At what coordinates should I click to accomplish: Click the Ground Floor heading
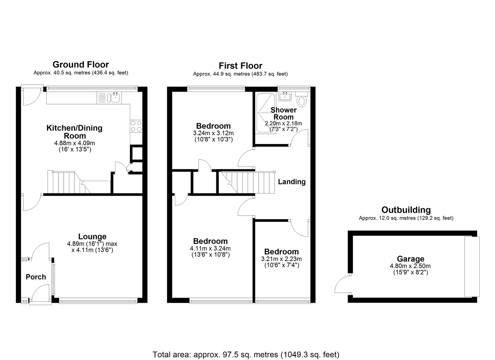pyautogui.click(x=81, y=65)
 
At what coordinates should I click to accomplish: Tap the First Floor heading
pyautogui.click(x=241, y=66)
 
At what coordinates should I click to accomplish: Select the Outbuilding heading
pyautogui.click(x=406, y=210)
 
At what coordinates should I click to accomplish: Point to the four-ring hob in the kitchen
pyautogui.click(x=136, y=126)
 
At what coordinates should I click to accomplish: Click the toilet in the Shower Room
pyautogui.click(x=301, y=99)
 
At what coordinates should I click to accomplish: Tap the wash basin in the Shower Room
pyautogui.click(x=285, y=96)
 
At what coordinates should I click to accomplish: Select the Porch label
pyautogui.click(x=36, y=277)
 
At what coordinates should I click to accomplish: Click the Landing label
pyautogui.click(x=292, y=182)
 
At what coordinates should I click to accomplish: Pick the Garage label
pyautogui.click(x=411, y=259)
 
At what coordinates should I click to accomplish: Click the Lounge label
pyautogui.click(x=92, y=236)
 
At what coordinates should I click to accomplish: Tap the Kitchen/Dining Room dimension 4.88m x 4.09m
pyautogui.click(x=74, y=143)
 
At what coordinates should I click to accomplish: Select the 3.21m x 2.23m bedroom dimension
pyautogui.click(x=281, y=259)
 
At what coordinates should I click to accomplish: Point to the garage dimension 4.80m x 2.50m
pyautogui.click(x=410, y=266)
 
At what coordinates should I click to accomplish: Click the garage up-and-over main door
pyautogui.click(x=472, y=267)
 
